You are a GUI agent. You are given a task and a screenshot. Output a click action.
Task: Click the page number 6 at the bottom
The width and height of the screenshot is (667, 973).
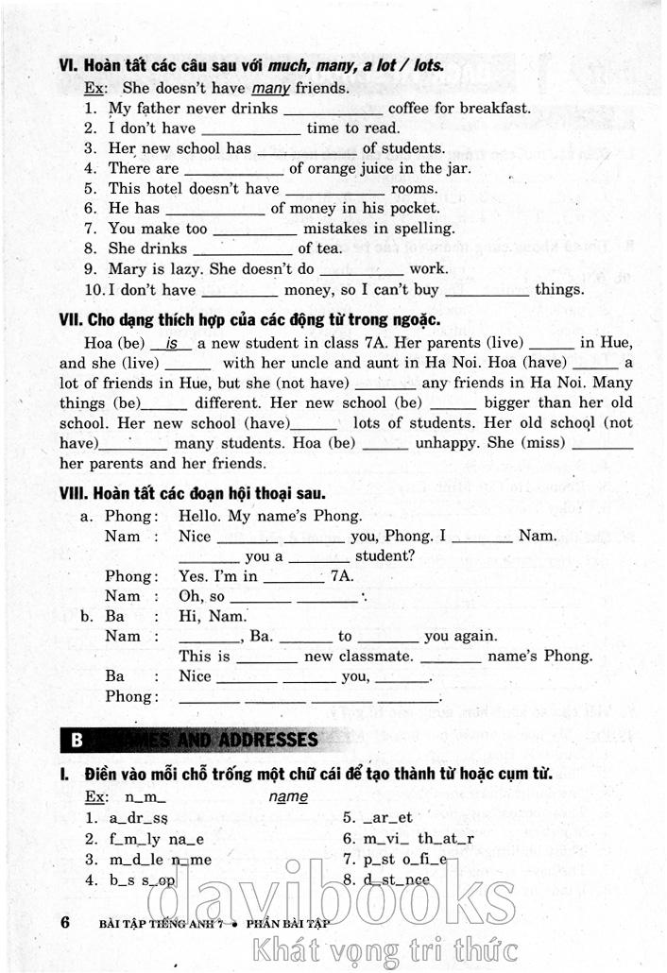pyautogui.click(x=65, y=923)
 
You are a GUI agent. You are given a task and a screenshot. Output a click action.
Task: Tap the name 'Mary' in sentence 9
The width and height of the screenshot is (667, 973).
pyautogui.click(x=128, y=268)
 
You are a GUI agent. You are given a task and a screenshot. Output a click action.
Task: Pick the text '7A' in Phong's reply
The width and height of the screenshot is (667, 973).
pyautogui.click(x=341, y=576)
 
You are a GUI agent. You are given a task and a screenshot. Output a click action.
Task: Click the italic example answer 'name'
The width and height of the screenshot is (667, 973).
pyautogui.click(x=288, y=797)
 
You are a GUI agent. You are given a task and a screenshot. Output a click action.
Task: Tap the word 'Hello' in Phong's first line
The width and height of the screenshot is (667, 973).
pyautogui.click(x=200, y=517)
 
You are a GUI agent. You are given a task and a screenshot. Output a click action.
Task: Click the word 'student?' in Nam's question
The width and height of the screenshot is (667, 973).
pyautogui.click(x=385, y=556)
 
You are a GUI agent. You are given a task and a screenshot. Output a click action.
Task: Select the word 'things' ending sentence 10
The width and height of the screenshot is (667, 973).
pyautogui.click(x=559, y=289)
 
